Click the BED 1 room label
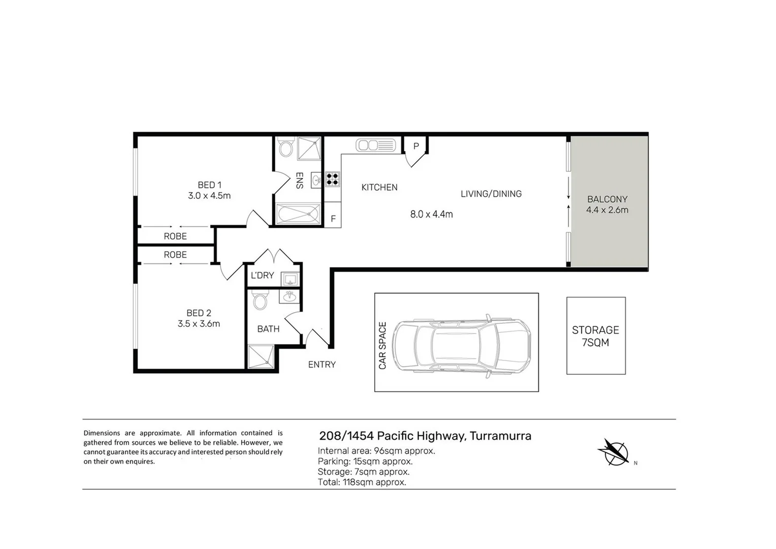(x=209, y=185)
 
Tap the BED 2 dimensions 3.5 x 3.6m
(x=199, y=324)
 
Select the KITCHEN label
(x=379, y=188)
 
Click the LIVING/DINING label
(x=491, y=194)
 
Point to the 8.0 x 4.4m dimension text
(x=431, y=215)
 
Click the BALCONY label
(x=607, y=199)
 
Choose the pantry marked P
(x=415, y=146)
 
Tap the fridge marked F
(x=333, y=219)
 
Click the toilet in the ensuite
(x=286, y=148)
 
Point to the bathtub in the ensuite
(x=298, y=213)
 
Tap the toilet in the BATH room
(x=261, y=300)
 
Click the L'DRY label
(x=262, y=276)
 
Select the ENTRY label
(x=321, y=364)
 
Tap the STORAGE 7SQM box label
(x=595, y=336)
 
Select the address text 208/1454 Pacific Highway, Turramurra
(x=425, y=436)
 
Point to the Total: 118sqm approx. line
(x=362, y=482)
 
